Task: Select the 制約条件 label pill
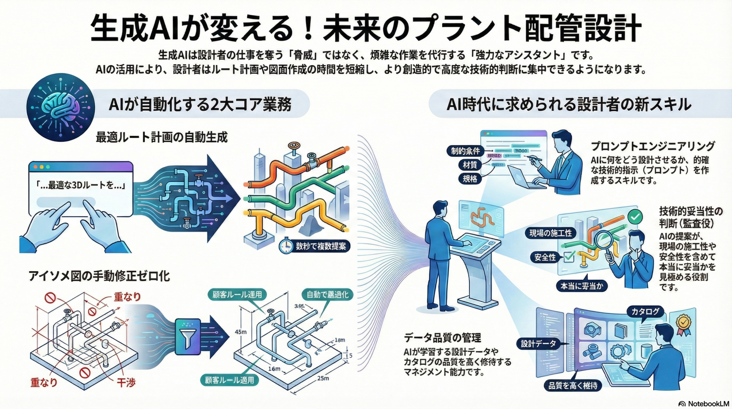point(466,151)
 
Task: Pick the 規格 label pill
point(470,179)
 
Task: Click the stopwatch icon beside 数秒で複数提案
point(286,246)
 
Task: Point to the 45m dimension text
point(240,332)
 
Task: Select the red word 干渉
point(126,382)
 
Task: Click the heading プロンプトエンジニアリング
point(652,146)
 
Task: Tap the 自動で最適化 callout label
point(327,295)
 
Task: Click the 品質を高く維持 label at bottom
point(573,386)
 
